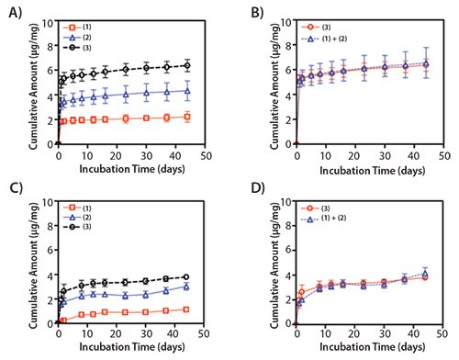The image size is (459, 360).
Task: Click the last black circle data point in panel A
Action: pos(187,65)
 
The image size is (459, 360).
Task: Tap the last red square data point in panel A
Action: pos(187,117)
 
